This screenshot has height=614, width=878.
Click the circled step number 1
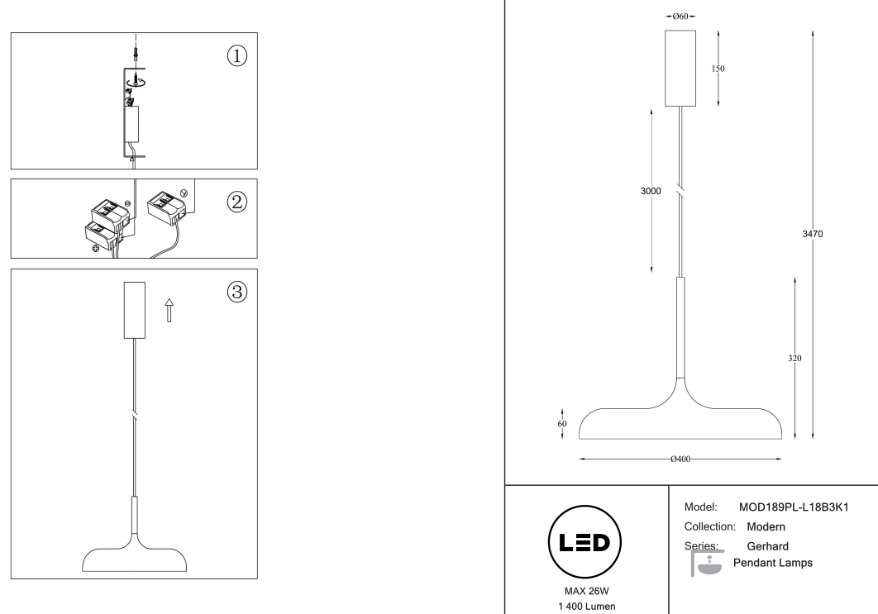pos(237,55)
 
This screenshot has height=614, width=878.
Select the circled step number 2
pos(237,202)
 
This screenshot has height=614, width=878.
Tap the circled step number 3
pos(237,292)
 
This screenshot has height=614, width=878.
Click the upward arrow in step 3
pos(169,310)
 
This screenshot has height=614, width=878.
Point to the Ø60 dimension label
pos(680,17)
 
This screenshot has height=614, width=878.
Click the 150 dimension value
pos(718,69)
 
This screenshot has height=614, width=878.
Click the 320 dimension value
pos(794,358)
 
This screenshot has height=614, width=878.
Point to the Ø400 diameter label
pos(680,459)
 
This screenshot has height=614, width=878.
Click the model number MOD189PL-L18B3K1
pos(795,506)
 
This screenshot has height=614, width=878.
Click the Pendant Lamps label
pos(773,563)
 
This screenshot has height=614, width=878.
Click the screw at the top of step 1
pos(134,55)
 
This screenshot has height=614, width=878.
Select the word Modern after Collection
pos(766,526)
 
